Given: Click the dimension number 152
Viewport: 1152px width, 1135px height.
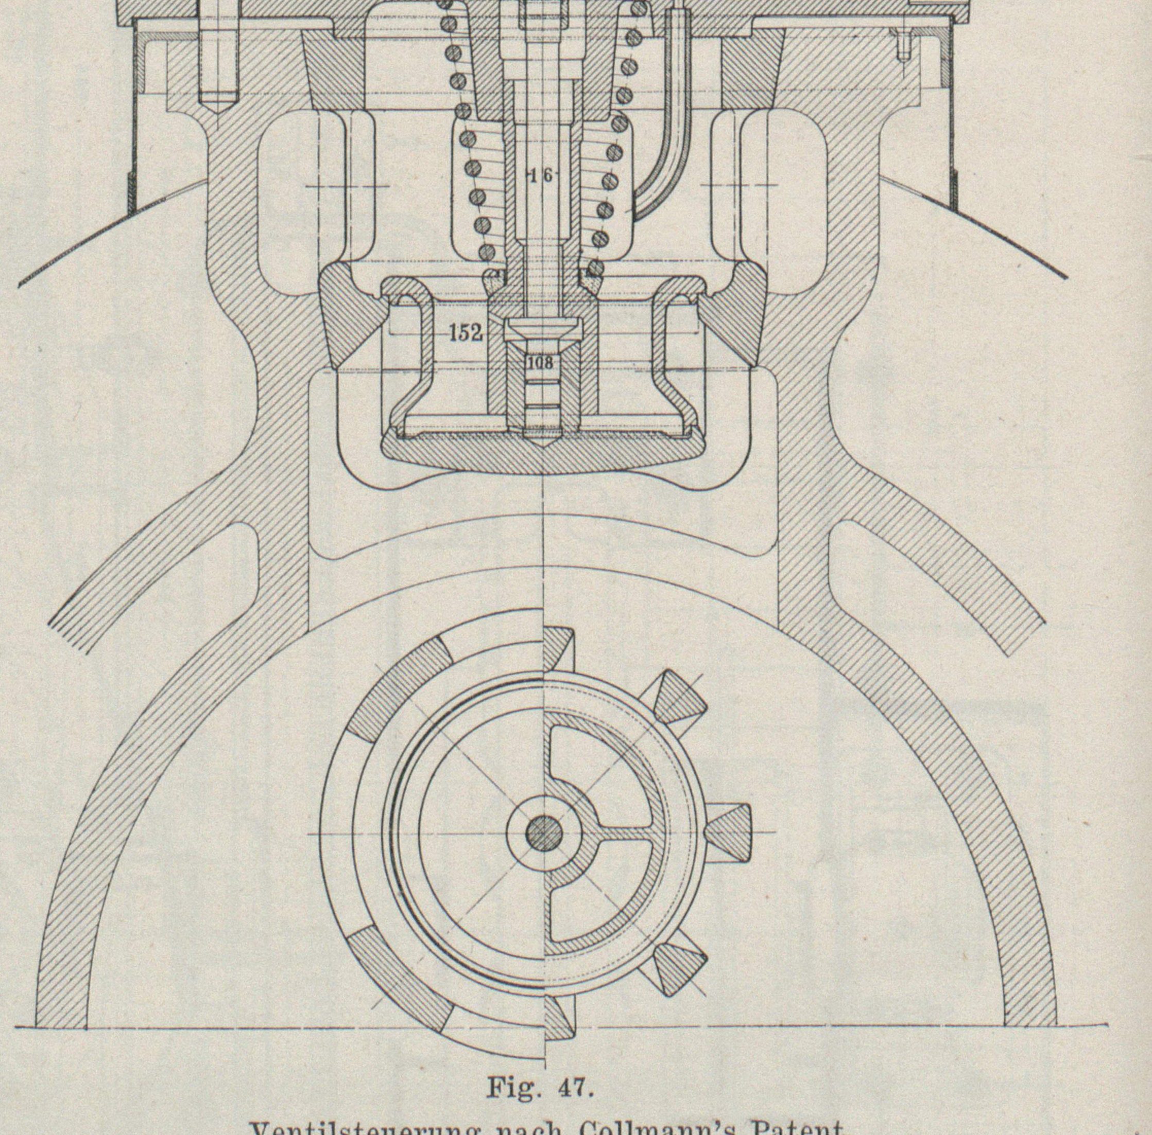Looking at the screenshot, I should pos(465,333).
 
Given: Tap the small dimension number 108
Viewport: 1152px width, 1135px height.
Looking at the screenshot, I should pos(540,363).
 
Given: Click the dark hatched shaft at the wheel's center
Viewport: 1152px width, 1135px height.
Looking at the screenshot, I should pos(544,833).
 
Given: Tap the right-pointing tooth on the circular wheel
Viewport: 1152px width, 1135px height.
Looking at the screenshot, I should pos(729,832).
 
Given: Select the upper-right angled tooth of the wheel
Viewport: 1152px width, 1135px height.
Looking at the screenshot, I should pos(680,701).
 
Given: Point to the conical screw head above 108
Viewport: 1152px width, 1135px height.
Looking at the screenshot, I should pos(544,328).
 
